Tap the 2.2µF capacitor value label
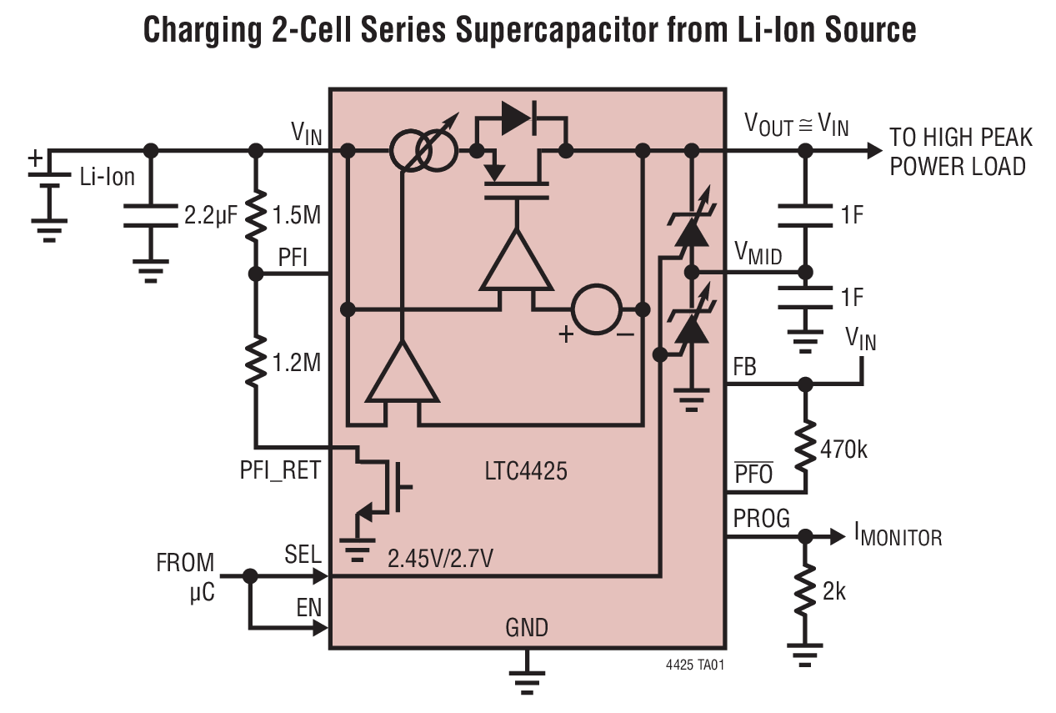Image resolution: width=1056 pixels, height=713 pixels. click(x=211, y=216)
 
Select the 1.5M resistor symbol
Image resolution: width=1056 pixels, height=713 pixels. click(x=256, y=215)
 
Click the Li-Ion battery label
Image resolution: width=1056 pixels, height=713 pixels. click(x=108, y=177)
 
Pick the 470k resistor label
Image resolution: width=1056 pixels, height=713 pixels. click(x=843, y=450)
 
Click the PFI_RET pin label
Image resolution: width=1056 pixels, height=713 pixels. click(x=280, y=470)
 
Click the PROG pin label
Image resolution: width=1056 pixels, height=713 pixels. click(x=761, y=519)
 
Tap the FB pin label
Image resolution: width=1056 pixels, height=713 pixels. click(x=744, y=366)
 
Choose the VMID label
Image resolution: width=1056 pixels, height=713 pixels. click(x=758, y=254)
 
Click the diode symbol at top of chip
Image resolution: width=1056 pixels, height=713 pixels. click(x=518, y=118)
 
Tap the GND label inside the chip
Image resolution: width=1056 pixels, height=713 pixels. click(x=527, y=627)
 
